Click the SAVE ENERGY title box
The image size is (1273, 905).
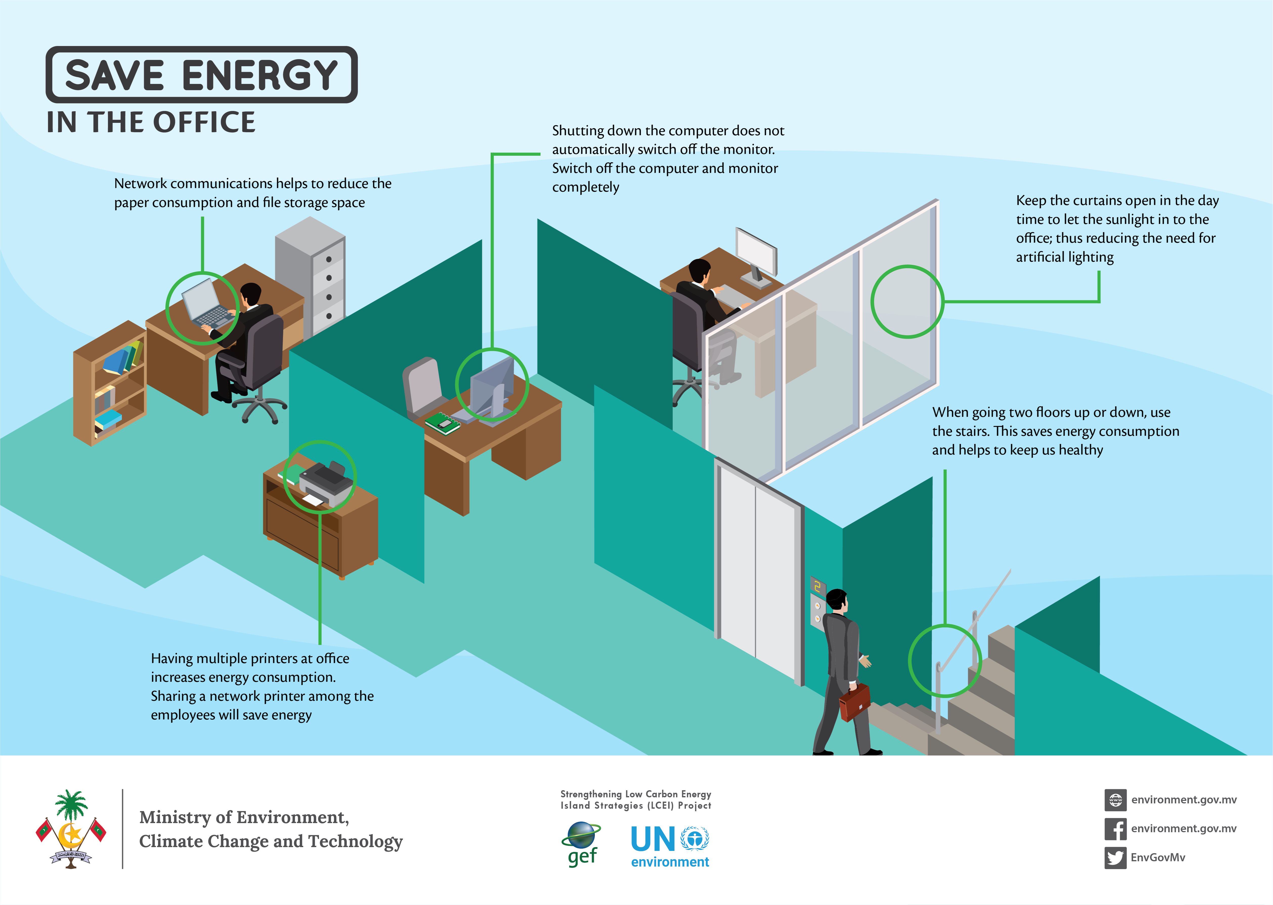tap(201, 75)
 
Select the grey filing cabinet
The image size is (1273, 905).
tap(311, 273)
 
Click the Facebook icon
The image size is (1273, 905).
tap(1115, 829)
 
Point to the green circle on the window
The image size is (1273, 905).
tap(907, 302)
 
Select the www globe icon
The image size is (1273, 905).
tap(1115, 800)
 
